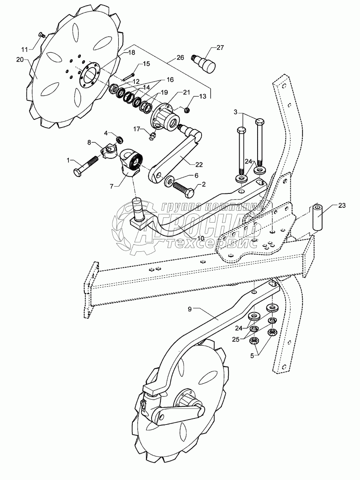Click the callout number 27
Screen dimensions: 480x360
pyautogui.click(x=220, y=47)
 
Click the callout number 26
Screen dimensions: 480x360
pyautogui.click(x=180, y=58)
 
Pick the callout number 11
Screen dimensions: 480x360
pyautogui.click(x=25, y=49)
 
